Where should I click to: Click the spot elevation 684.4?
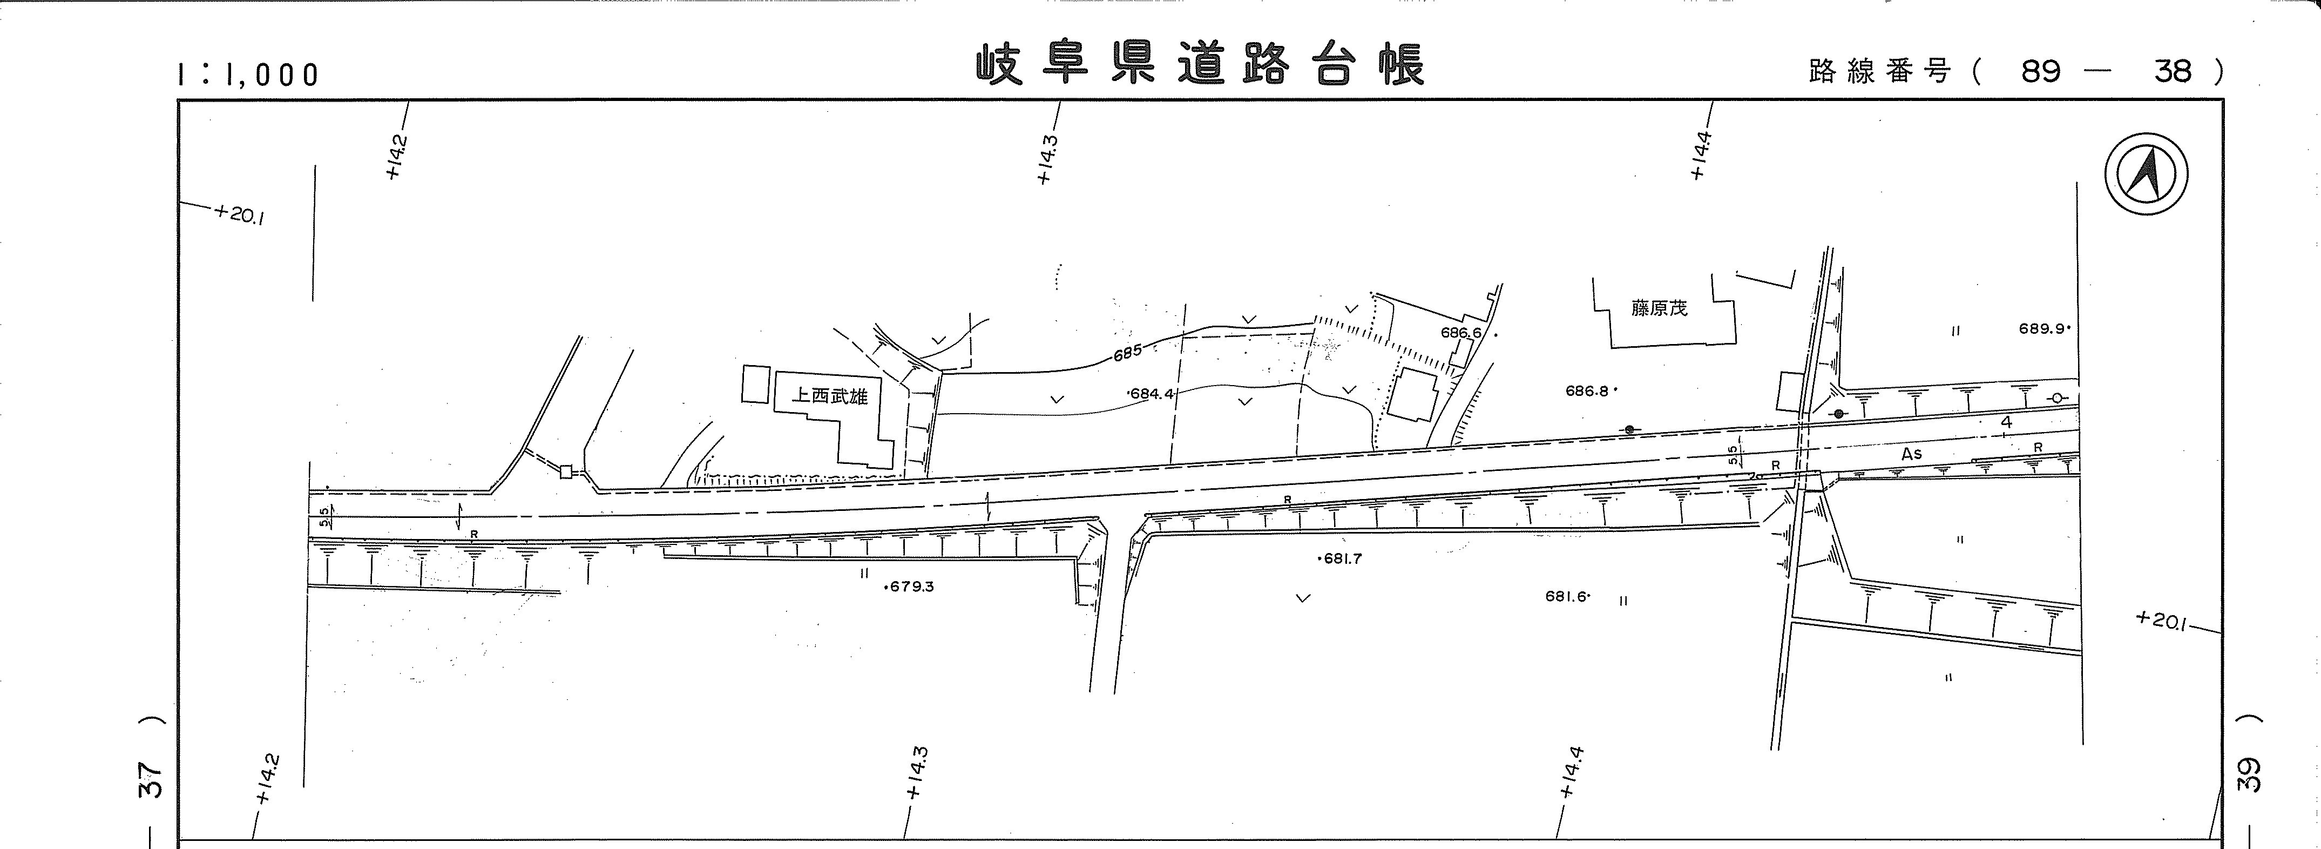point(1152,394)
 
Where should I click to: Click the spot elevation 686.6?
point(1461,333)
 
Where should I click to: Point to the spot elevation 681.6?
point(1566,597)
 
